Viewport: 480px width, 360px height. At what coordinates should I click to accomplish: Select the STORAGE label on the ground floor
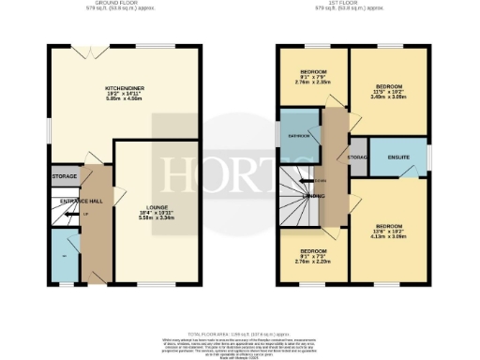point(64,175)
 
